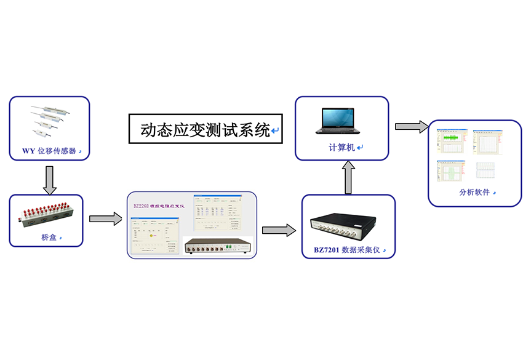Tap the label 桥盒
coord(48,237)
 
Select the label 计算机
coord(341,148)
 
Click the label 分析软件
coord(474,192)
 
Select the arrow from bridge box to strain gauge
coord(105,218)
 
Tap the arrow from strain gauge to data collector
coord(278,230)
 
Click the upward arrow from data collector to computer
coord(348,177)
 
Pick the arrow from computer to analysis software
coord(411,126)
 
